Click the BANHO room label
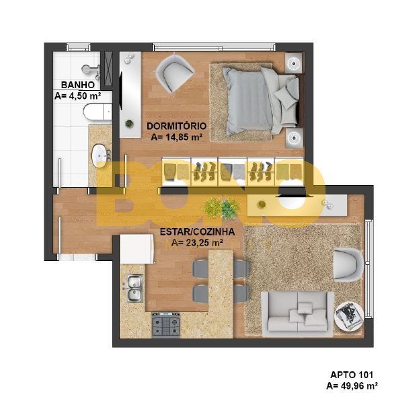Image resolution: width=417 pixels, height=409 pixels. (x=78, y=85)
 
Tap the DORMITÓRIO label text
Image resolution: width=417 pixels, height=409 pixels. (x=177, y=126)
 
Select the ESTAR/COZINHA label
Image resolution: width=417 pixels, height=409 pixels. (x=197, y=231)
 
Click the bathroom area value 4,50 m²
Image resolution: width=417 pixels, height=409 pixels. (x=85, y=96)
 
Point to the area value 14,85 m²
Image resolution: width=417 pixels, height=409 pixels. (x=184, y=137)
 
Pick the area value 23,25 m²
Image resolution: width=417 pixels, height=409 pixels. (x=204, y=243)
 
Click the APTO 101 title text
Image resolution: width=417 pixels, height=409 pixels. (x=352, y=375)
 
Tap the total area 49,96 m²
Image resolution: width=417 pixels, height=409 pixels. (x=359, y=385)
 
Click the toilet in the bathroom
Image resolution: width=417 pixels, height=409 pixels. (x=98, y=112)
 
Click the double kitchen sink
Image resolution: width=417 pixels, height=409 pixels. (x=135, y=289)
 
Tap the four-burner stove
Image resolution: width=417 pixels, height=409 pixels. (x=165, y=325)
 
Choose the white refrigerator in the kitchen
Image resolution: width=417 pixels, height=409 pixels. (x=137, y=249)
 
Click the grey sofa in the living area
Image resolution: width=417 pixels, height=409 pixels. (x=297, y=313)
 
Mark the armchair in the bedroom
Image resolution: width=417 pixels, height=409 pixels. (x=175, y=73)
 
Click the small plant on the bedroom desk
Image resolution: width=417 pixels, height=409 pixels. (x=129, y=123)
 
